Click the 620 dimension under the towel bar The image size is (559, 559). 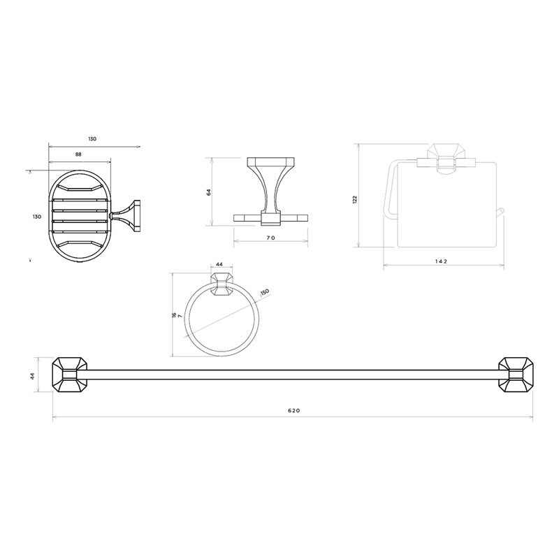tap(293, 410)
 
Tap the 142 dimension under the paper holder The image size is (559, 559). tap(441, 261)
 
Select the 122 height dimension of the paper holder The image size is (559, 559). tap(354, 199)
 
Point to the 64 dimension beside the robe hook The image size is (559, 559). tap(208, 191)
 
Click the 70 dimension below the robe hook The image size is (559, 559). tap(270, 238)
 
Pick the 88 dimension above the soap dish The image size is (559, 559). tap(78, 154)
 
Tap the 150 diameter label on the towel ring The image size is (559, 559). tap(265, 292)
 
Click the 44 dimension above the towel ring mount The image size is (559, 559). tap(219, 264)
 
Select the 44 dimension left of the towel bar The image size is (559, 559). tap(32, 375)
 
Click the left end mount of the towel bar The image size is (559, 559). tap(70, 375)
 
